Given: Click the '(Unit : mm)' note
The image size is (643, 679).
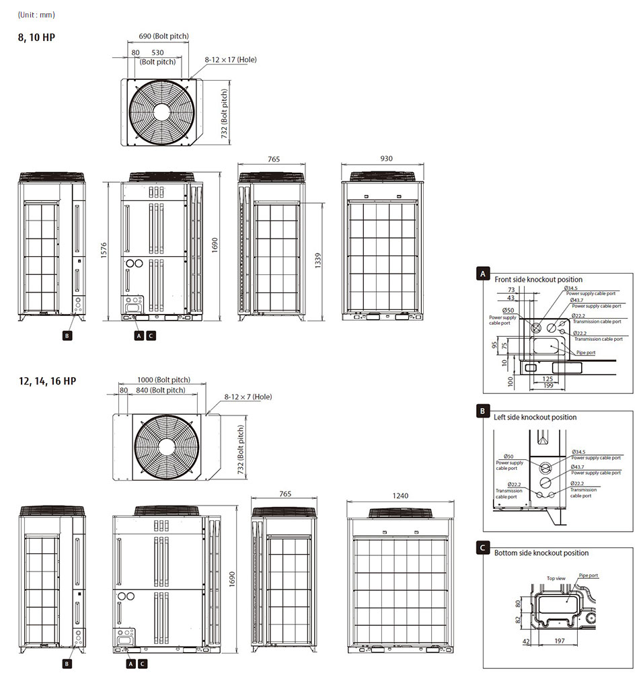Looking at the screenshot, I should [x=36, y=15].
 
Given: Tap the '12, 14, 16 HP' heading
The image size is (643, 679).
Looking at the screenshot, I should [x=47, y=381].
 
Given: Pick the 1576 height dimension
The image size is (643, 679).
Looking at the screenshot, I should [x=104, y=249].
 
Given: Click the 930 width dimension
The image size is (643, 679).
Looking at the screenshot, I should [x=386, y=159].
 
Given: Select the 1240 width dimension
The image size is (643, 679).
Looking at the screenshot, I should [x=400, y=495].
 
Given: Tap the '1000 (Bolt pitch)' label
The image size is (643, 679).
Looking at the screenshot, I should [x=163, y=380].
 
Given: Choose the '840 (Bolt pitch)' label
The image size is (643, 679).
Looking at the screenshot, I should [x=159, y=390].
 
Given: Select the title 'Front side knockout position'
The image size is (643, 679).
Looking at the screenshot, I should [x=538, y=279].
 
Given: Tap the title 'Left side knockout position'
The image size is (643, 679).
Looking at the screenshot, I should [x=535, y=417].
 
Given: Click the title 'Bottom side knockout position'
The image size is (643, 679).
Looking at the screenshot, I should [x=541, y=553].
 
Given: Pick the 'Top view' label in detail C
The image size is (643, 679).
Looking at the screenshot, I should [x=556, y=577].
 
